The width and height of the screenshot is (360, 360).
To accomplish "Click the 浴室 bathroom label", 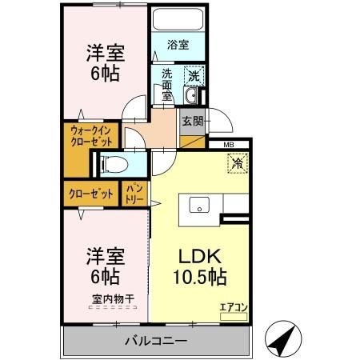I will tap(178, 45).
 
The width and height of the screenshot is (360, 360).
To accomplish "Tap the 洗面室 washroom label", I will tap(167, 83).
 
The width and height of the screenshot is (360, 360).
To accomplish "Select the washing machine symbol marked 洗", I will tap(193, 76).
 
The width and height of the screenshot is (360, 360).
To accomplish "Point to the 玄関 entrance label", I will tap(192, 122).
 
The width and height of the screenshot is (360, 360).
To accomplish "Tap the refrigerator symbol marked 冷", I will tap(238, 162).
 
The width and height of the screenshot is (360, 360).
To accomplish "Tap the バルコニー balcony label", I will tap(155, 342).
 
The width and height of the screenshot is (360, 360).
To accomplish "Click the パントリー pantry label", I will tap(133, 194).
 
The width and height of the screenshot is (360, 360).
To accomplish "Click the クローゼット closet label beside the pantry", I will tap(90, 194).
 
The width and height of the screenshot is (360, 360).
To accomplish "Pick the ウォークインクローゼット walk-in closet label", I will tap(94, 134).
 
